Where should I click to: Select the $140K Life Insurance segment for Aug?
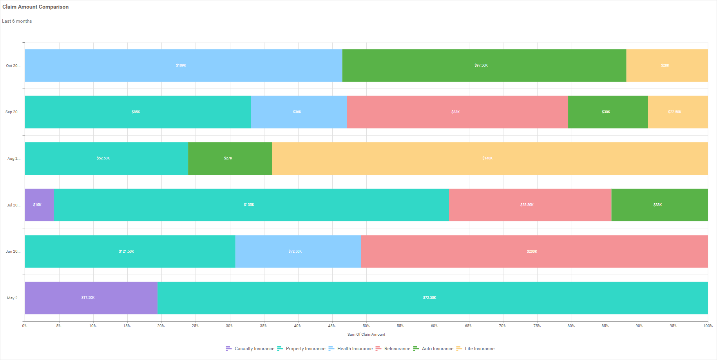pos(490,158)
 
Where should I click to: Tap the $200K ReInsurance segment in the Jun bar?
pos(534,251)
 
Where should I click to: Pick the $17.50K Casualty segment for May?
pos(91,298)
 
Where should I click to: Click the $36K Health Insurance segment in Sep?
pos(299,112)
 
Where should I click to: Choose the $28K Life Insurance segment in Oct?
pos(667,65)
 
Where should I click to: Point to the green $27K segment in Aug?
pos(230,158)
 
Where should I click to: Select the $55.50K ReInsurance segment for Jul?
pos(530,205)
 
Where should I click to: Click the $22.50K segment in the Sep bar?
pos(677,112)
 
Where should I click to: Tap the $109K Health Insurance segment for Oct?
pos(183,65)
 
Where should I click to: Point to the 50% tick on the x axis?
pos(366,326)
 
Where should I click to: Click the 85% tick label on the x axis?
pos(605,326)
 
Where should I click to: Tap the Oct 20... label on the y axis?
pos(13,66)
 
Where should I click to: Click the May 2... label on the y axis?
pos(14,298)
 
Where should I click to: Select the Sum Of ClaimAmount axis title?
pos(366,335)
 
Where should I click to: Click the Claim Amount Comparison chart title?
pos(35,7)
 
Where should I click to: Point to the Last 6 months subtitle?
pos(17,21)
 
